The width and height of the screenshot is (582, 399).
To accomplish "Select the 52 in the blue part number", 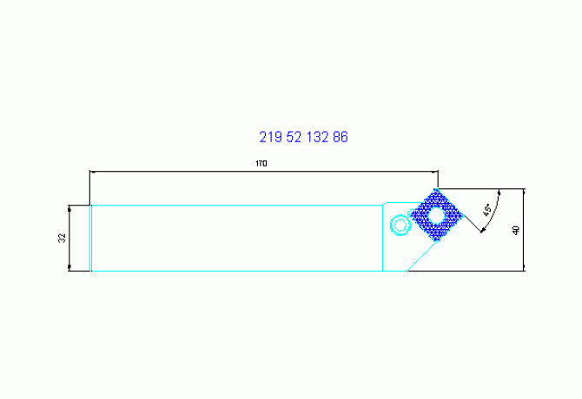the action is [x=294, y=137].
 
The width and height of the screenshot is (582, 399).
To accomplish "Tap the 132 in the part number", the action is [x=317, y=137].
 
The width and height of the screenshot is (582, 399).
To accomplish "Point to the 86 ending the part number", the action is [x=341, y=137].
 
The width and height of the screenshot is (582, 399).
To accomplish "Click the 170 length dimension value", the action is [x=261, y=163].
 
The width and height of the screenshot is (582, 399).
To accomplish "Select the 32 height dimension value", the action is [x=62, y=238].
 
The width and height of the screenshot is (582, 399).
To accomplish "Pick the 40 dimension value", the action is [x=516, y=230].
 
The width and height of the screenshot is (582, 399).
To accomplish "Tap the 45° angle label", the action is [x=487, y=210].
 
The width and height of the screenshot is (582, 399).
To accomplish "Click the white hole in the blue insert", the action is [x=436, y=215].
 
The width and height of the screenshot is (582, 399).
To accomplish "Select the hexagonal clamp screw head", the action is [x=400, y=225].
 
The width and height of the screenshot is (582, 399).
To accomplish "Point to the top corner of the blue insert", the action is [x=436, y=189].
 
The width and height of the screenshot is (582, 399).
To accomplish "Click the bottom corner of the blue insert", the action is [x=437, y=241].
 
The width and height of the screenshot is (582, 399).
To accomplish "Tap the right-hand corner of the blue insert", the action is [x=463, y=215].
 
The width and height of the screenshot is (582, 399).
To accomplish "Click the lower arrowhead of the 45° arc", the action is [x=482, y=231].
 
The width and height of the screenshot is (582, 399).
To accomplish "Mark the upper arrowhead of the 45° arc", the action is [x=499, y=193].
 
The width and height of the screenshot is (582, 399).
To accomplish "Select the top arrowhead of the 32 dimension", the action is [x=69, y=208].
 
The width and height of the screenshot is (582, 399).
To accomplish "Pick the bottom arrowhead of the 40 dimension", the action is [x=524, y=267].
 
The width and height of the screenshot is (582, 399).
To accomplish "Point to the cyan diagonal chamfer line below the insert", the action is [x=422, y=256].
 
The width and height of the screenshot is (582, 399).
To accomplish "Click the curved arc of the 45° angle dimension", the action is [x=495, y=213].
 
